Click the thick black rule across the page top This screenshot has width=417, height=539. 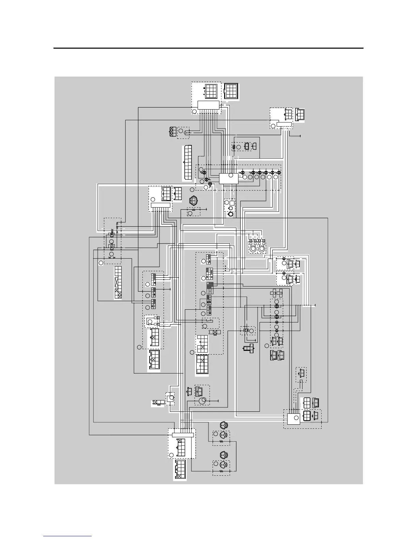pyautogui.click(x=208, y=48)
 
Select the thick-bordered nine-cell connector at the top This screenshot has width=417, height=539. pyautogui.click(x=231, y=91)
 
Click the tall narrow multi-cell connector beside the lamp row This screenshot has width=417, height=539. pyautogui.click(x=187, y=162)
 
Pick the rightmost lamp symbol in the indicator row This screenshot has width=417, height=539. pyautogui.click(x=279, y=173)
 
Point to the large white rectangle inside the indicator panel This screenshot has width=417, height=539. pyautogui.click(x=228, y=179)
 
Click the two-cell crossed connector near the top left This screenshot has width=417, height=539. pyautogui.click(x=173, y=132)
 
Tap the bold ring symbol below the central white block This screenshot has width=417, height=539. pyautogui.click(x=231, y=214)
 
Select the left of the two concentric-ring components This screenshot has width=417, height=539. pyautogui.click(x=253, y=249)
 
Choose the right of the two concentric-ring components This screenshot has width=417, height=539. pyautogui.click(x=262, y=249)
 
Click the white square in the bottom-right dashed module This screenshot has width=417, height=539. pyautogui.click(x=294, y=418)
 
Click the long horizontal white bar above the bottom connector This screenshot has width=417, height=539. pyautogui.click(x=183, y=435)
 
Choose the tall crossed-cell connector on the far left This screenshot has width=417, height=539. pyautogui.click(x=118, y=282)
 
